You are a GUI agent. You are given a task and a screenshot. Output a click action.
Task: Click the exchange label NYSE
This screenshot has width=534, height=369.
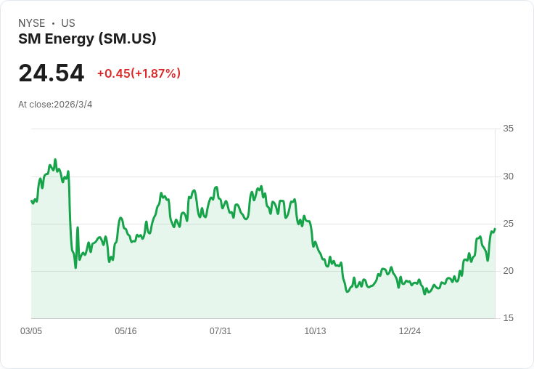click(31, 23)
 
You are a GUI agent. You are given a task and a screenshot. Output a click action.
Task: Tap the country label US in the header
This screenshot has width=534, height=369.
click(68, 23)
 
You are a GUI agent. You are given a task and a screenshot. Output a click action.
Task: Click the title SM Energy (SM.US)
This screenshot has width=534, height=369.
click(87, 38)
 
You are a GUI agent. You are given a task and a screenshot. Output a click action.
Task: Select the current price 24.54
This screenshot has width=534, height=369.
click(52, 73)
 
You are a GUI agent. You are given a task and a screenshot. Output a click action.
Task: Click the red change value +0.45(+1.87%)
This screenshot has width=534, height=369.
click(139, 73)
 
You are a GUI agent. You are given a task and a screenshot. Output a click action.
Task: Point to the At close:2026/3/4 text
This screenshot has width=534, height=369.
click(55, 105)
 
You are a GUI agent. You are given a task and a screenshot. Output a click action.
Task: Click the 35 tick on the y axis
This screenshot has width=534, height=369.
click(508, 129)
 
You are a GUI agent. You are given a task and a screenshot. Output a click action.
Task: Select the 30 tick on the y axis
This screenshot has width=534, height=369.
click(508, 177)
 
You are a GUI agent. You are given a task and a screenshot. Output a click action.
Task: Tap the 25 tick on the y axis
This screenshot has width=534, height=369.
click(508, 224)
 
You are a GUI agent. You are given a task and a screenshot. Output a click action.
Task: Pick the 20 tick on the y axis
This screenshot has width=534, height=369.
click(508, 271)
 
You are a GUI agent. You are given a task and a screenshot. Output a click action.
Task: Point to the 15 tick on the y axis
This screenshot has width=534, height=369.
click(508, 318)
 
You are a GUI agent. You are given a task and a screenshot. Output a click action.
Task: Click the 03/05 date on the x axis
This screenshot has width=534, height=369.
click(31, 331)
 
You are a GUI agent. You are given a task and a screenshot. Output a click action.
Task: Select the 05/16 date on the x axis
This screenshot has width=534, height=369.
click(126, 331)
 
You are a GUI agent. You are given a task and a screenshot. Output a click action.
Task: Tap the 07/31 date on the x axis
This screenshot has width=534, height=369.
click(221, 331)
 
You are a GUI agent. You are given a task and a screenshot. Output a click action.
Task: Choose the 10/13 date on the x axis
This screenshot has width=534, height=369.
click(315, 331)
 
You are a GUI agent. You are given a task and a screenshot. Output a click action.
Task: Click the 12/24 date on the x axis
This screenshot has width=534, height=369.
click(410, 331)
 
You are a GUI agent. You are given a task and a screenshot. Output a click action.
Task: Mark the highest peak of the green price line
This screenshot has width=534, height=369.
click(55, 160)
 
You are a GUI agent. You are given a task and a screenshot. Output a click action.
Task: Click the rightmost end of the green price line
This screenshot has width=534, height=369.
click(495, 230)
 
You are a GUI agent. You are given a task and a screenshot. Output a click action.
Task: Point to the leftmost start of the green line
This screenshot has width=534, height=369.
click(32, 201)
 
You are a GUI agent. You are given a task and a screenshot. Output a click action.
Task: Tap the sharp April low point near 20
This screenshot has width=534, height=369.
click(75, 267)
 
